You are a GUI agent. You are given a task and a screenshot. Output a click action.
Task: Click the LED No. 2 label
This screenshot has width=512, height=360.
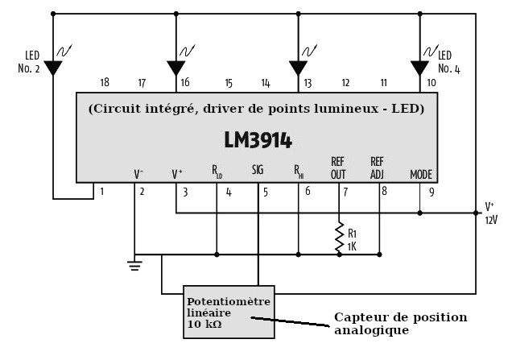point(32,62)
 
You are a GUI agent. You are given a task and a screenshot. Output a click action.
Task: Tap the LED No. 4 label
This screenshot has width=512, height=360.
point(448,62)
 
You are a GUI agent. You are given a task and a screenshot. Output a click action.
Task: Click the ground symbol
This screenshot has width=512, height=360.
point(134,264)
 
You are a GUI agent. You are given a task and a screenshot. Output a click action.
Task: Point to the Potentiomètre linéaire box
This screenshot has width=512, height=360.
point(229,312)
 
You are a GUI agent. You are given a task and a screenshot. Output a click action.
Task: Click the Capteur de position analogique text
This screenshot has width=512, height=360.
point(400,324)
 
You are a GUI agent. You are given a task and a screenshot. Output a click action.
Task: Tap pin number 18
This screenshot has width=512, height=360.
point(105,82)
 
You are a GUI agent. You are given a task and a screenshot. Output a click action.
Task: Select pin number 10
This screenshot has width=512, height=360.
point(431,82)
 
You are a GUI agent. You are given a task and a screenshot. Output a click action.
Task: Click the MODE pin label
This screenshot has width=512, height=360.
point(421,174)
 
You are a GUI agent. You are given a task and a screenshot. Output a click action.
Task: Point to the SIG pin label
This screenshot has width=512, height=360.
point(258,171)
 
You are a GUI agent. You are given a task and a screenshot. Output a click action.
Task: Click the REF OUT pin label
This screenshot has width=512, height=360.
point(337,168)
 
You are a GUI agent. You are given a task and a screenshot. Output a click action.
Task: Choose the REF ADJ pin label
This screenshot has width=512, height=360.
point(377,168)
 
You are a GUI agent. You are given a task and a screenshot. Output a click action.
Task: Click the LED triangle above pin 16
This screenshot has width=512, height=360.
point(176,68)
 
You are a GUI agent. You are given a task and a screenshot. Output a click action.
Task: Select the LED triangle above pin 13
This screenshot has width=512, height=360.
point(298,68)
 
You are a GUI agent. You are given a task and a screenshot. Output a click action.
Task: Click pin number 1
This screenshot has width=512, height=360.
point(101,192)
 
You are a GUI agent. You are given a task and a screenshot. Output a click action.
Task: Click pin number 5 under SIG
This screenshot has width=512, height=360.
point(266,192)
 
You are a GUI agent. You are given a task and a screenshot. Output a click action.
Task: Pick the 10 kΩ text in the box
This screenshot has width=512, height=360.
point(204,325)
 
